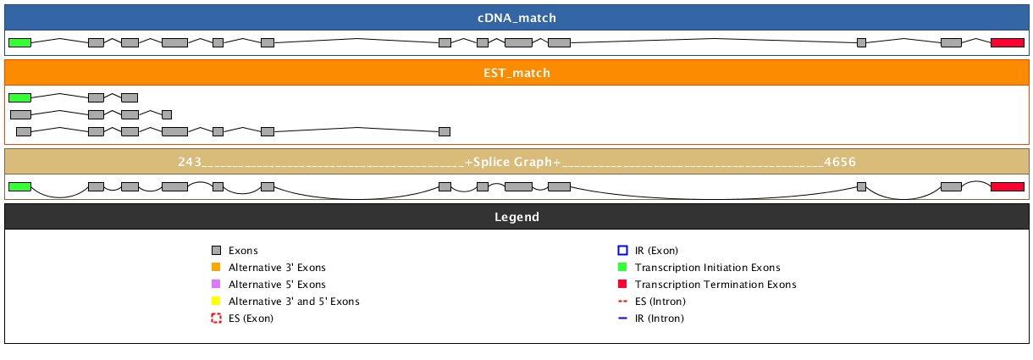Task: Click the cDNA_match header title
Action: (516, 18)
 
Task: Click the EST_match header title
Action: (516, 73)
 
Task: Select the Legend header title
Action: (516, 217)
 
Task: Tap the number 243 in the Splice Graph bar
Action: (190, 162)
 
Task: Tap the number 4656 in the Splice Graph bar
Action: (840, 162)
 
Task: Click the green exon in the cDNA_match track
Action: (19, 42)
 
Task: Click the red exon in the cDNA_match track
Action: (1007, 42)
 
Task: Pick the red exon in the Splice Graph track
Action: (1007, 186)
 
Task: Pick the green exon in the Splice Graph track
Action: (19, 186)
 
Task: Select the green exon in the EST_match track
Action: (19, 97)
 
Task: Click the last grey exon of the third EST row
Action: (445, 131)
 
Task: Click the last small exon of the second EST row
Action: (167, 114)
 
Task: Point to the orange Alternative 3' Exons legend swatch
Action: (216, 268)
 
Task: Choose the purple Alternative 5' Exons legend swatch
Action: (216, 285)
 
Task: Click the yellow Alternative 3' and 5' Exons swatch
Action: (216, 302)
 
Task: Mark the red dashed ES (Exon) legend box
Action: (216, 318)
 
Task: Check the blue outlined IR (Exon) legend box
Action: (622, 251)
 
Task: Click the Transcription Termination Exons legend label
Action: (715, 285)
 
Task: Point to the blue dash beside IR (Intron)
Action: (622, 318)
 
